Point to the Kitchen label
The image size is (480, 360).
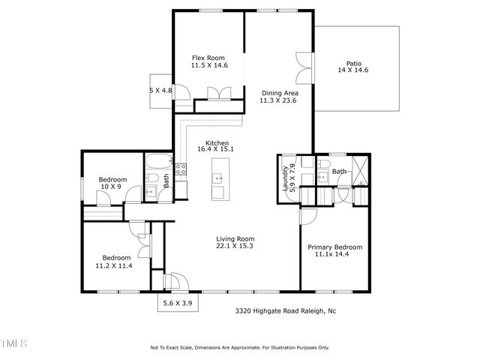[x=218, y=144]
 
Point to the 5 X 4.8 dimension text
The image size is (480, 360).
[x=161, y=91]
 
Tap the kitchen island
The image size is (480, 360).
[x=217, y=179]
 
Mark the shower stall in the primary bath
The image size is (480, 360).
[x=359, y=169]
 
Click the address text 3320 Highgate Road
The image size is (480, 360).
[x=284, y=309]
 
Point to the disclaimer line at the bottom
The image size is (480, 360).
[x=240, y=347]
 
